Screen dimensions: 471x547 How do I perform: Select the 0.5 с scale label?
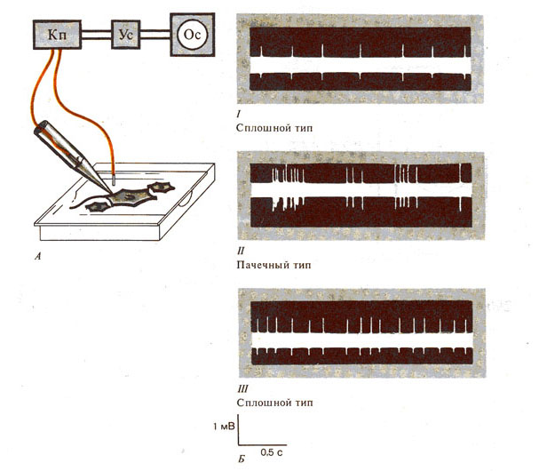[x=273, y=451]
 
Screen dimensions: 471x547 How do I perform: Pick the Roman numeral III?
[x=242, y=388]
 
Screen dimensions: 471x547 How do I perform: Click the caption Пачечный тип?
[x=275, y=265]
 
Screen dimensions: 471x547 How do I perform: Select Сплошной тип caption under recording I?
[x=274, y=128]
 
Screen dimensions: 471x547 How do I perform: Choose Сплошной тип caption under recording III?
[x=274, y=402]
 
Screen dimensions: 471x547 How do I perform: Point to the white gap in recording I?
[x=361, y=63]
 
